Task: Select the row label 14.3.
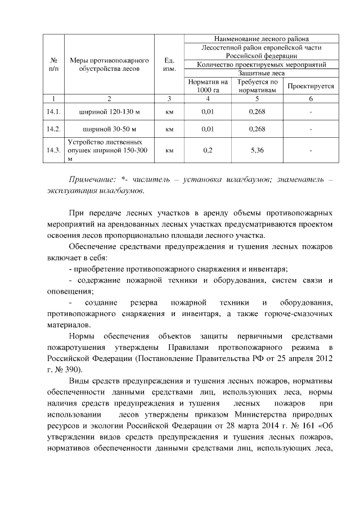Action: tap(55, 151)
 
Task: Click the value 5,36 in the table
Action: tap(257, 151)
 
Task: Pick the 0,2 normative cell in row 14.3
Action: tap(208, 151)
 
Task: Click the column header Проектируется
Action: tap(310, 87)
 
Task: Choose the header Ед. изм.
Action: tap(169, 64)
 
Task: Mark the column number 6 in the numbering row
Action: tap(310, 99)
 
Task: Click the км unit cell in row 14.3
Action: tap(169, 151)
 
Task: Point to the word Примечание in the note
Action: tap(92, 179)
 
